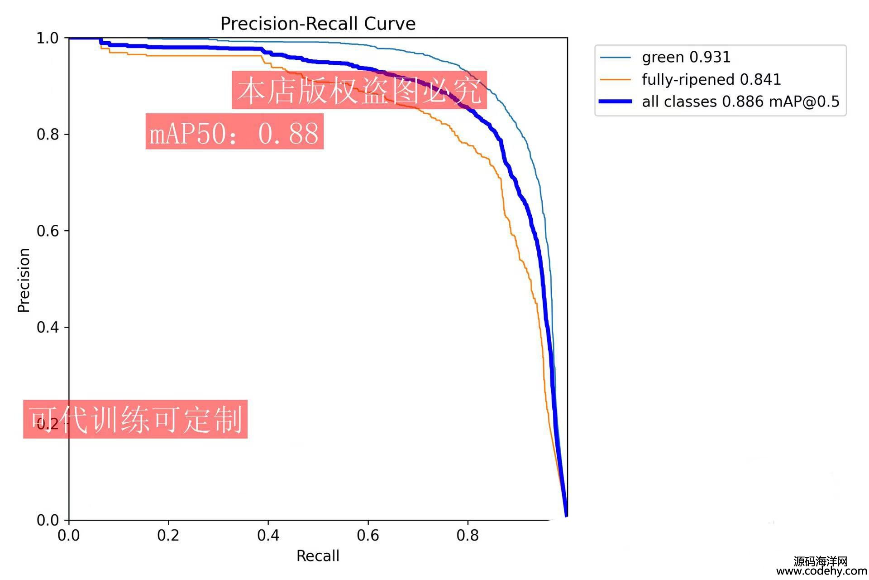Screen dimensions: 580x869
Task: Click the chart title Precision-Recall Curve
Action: click(x=318, y=24)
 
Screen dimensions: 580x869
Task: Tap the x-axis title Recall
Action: click(x=318, y=556)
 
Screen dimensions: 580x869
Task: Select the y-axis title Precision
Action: click(x=24, y=280)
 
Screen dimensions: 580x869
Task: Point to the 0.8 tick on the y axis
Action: click(x=48, y=135)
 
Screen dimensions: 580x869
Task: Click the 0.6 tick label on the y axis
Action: click(x=48, y=231)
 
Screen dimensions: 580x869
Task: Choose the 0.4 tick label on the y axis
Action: click(x=48, y=327)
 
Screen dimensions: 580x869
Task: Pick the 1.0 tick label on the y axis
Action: click(x=48, y=39)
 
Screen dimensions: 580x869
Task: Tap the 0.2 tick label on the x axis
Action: click(x=168, y=536)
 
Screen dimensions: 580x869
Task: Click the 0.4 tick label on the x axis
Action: click(x=268, y=536)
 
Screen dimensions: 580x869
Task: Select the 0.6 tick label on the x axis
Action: click(x=368, y=536)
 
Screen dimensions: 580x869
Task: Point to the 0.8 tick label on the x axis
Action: click(x=468, y=536)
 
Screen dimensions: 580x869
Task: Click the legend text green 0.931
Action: click(x=686, y=58)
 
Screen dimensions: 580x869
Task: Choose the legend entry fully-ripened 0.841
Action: click(x=711, y=80)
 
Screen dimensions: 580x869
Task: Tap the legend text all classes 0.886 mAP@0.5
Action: click(x=740, y=102)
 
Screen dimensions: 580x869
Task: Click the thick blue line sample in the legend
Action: click(x=615, y=102)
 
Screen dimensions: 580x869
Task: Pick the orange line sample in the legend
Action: click(x=615, y=80)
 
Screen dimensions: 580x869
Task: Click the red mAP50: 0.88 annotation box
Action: click(x=234, y=131)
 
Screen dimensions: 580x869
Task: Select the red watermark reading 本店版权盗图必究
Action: click(x=359, y=90)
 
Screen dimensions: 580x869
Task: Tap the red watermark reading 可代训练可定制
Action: click(x=135, y=419)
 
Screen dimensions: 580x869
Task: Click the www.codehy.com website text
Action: click(x=821, y=572)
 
